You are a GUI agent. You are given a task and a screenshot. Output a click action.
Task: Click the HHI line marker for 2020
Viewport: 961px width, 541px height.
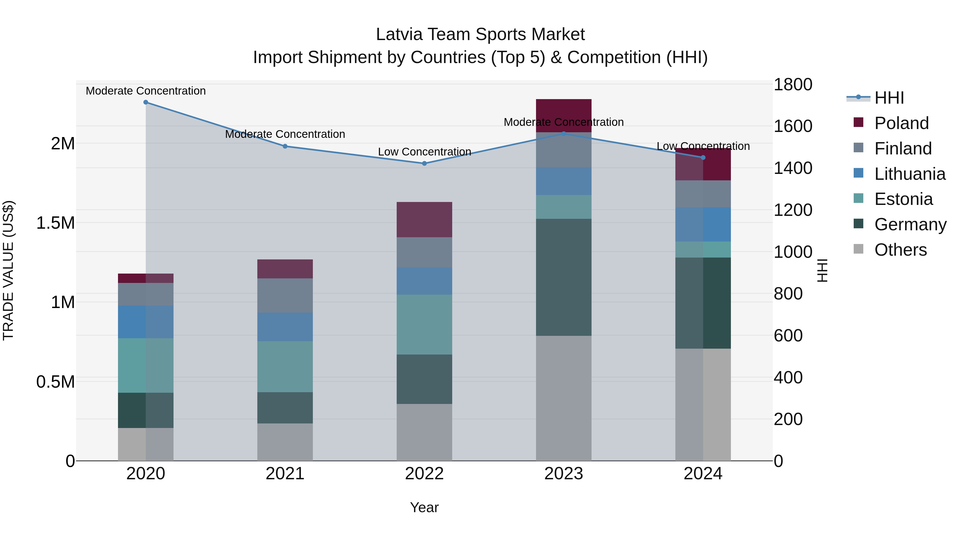pos(146,102)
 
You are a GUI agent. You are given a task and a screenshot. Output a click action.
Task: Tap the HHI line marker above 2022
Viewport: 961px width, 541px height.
pos(424,164)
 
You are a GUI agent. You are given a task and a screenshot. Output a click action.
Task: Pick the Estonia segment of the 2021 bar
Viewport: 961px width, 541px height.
pos(285,366)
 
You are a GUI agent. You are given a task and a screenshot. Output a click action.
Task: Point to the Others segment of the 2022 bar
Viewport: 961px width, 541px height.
pos(424,432)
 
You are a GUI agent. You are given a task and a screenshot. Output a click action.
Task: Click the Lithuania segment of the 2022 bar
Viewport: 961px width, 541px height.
pos(424,281)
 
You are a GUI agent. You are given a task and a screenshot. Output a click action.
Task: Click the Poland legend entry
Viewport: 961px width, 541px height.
pos(901,123)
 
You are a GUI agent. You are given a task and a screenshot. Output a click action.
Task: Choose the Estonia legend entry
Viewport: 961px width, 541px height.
pos(903,199)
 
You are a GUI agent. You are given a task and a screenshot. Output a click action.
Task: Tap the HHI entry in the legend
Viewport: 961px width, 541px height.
pos(889,98)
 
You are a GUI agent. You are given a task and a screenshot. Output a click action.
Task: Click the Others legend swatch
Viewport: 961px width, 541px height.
pos(858,249)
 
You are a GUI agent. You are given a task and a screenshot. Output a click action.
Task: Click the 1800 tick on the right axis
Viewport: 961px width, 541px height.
pos(793,84)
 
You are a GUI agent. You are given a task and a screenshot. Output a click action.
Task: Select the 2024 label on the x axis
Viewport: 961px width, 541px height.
pos(703,473)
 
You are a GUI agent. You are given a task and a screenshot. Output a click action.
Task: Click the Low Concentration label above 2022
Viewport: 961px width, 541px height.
pos(424,152)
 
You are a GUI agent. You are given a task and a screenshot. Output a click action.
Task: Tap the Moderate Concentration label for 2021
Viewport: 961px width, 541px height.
pos(285,134)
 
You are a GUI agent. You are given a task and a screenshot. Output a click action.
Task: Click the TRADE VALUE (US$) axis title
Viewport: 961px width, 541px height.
pos(8,270)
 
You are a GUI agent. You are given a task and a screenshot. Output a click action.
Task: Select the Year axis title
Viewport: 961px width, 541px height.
pos(424,507)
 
